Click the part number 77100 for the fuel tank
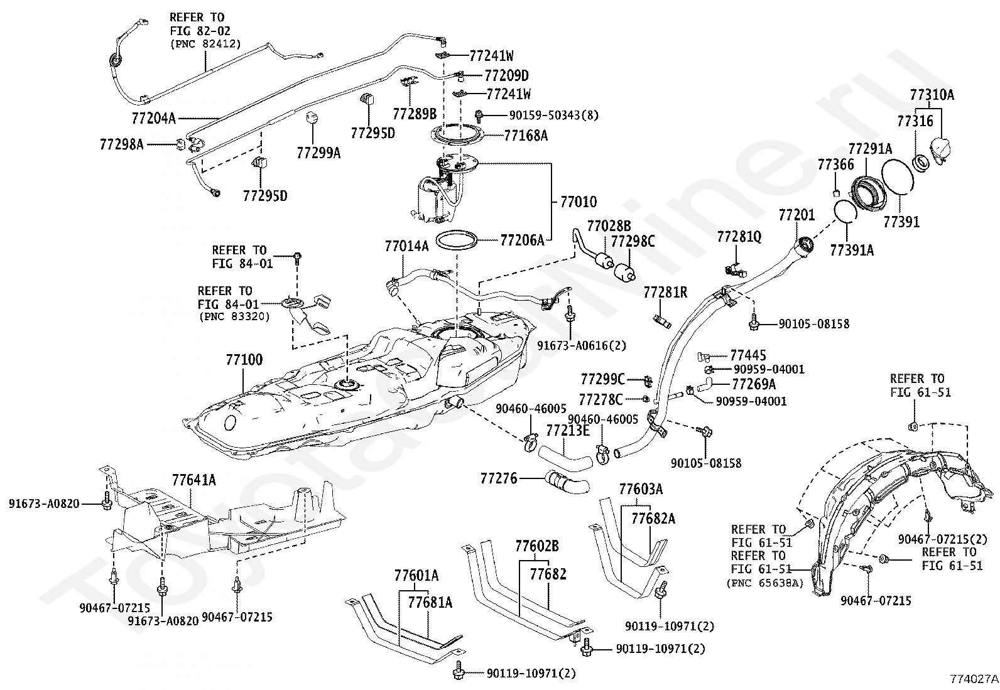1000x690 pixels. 244,360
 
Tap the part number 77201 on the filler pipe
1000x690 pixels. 796,215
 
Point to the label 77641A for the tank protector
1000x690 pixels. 193,480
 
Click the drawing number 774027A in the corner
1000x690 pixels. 973,679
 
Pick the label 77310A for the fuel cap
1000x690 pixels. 932,95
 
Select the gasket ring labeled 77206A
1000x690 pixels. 457,240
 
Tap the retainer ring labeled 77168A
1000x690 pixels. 457,134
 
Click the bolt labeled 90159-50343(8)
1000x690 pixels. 479,116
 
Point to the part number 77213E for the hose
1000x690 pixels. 567,430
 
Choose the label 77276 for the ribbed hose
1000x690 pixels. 499,478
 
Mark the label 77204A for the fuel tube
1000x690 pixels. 154,117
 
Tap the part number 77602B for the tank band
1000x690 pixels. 536,546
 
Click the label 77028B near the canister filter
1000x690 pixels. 609,226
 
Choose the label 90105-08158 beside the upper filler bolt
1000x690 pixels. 813,324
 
